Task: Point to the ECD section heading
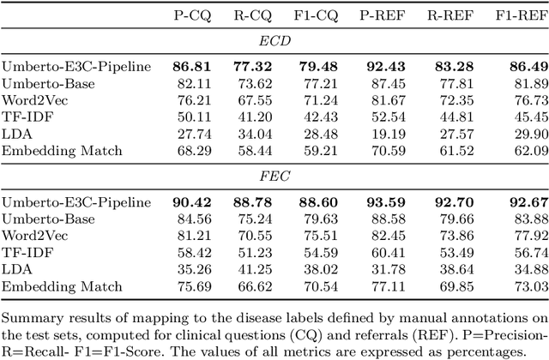(274, 40)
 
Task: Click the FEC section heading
(274, 177)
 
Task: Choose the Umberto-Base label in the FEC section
(44, 220)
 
